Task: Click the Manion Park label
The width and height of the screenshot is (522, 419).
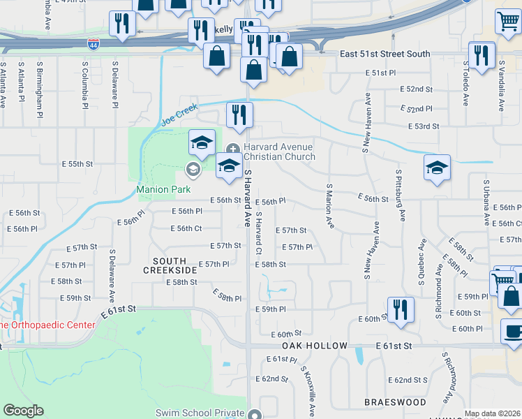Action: point(158,189)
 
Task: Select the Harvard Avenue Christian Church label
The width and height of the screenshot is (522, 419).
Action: point(278,152)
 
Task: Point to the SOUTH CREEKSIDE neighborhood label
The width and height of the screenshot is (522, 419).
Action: point(170,265)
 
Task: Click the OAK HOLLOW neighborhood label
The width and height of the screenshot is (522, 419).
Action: point(315,346)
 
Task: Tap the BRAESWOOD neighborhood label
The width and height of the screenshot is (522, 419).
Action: point(395,403)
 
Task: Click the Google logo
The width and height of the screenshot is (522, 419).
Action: point(23,411)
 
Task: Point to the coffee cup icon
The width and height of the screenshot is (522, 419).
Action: point(513,332)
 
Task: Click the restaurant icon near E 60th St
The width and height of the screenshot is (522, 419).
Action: point(401,308)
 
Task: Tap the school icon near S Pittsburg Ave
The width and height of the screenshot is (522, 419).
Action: point(437,168)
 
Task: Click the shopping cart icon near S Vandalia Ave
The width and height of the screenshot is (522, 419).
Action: point(508,21)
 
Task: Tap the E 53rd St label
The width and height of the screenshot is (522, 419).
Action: point(424,126)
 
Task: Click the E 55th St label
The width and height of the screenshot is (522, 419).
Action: point(77,164)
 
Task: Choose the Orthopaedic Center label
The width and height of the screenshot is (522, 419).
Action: point(47,325)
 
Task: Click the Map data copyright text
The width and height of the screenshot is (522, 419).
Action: point(492,413)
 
